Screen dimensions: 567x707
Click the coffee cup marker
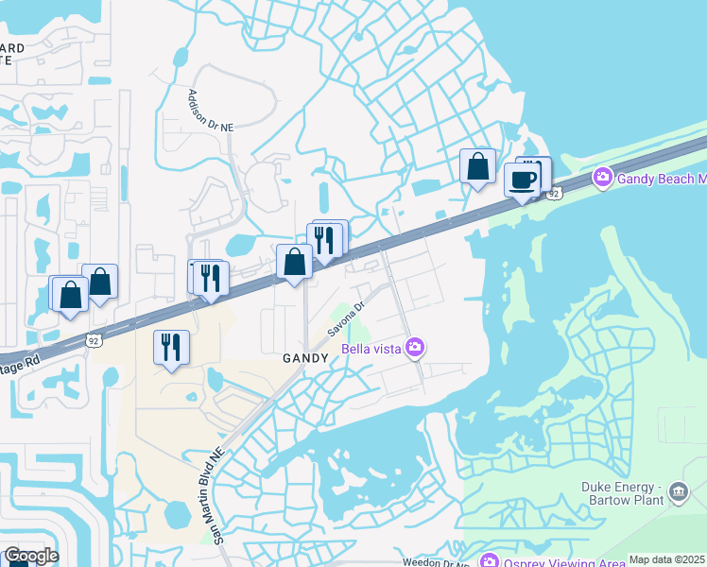pos(522,180)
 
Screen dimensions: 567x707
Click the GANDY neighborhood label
pos(305,358)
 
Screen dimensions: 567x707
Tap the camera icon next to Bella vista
pos(414,349)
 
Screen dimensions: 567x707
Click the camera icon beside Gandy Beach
pos(601,177)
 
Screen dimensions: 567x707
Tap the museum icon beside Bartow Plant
pos(678,491)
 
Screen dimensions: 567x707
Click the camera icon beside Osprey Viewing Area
pos(489,561)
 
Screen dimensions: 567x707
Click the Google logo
pos(30,556)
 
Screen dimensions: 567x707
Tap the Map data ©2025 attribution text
pos(666,559)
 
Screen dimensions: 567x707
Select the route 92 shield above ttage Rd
pos(94,339)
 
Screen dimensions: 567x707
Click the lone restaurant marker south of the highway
pos(171,347)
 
